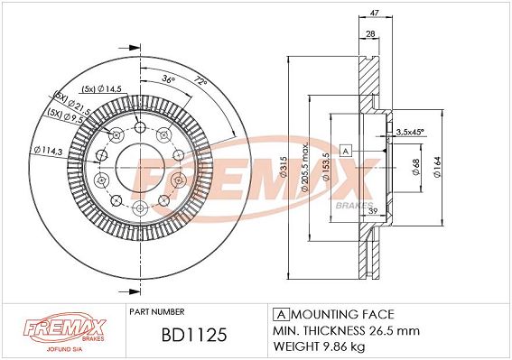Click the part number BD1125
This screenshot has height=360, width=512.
coord(194,335)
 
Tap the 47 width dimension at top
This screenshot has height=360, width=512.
coord(375,13)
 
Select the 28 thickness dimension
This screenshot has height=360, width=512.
coord(370,33)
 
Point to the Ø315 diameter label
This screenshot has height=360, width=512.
coord(284,167)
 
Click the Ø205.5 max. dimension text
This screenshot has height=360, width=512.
coord(304,168)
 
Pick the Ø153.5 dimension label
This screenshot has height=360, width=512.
coord(326,167)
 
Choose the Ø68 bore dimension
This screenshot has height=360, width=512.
coord(415,167)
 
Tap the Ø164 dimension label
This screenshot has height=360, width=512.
coord(437,167)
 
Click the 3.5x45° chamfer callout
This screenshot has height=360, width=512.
coord(409,132)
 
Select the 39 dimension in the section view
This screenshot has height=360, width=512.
coord(373,211)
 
